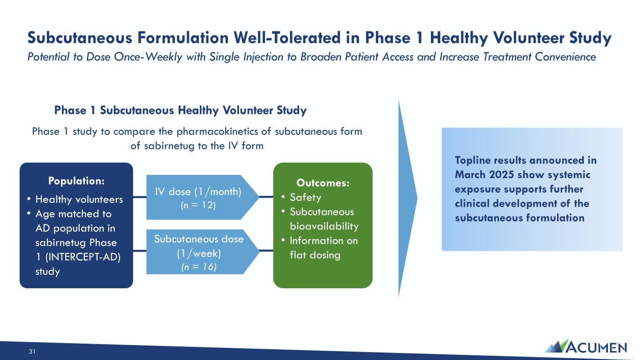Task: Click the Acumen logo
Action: pos(586,346)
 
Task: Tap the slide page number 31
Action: pos(32,352)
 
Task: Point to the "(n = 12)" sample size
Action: pos(198,205)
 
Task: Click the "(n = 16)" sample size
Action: pos(199,267)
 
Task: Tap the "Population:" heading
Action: pos(76,181)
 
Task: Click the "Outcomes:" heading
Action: pos(323,183)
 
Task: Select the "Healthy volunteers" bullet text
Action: pos(79,199)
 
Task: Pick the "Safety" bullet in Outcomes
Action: pos(305,197)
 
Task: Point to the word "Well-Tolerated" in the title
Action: pos(287,37)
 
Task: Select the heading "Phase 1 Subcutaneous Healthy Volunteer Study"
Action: pos(181,110)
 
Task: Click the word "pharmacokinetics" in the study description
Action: pos(224,131)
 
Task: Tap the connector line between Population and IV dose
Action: pos(140,197)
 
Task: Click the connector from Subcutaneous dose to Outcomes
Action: pos(266,251)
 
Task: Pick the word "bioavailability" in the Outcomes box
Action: pos(324,226)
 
